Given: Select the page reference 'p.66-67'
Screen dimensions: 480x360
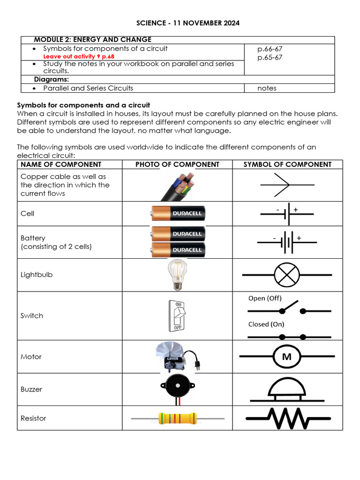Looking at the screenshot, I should (270, 49).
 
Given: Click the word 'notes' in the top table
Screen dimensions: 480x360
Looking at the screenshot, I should (267, 88).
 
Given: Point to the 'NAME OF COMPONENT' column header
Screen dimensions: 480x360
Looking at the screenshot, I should (61, 165).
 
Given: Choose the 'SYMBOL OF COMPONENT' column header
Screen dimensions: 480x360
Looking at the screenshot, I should (287, 165).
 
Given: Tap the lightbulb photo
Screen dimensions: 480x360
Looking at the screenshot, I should (178, 275).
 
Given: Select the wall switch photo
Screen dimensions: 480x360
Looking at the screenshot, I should (178, 315).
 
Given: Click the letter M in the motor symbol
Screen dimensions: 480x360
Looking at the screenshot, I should (287, 357).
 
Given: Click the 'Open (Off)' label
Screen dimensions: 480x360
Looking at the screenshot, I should (265, 298).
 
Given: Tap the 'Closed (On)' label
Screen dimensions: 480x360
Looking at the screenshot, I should (266, 324).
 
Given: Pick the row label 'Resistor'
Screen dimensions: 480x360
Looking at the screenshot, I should (33, 418).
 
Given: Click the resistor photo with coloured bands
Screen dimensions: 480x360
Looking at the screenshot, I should (178, 418).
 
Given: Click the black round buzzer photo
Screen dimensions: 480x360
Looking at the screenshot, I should (178, 386).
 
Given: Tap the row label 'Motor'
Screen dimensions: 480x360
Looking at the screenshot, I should (31, 357).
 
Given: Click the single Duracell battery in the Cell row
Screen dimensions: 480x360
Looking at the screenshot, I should (178, 213).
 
